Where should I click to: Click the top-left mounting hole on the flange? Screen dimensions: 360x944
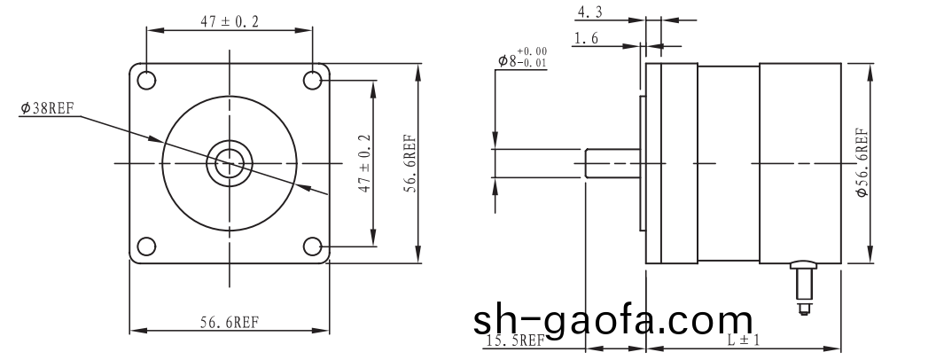pos(146,80)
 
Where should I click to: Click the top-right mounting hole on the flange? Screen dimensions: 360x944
pos(312,80)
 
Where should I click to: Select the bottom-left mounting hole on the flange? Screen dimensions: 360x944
pos(146,246)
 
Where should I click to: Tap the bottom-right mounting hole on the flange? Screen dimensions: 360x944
pos(312,246)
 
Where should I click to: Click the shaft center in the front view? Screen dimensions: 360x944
pos(230,163)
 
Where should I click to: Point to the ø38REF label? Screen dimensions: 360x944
pos(47,108)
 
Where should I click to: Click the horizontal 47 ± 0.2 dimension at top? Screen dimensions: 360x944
pos(230,22)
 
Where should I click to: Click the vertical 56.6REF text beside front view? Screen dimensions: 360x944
pos(410,163)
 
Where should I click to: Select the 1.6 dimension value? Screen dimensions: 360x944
pos(586,39)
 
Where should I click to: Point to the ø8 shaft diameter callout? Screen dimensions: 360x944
pos(506,60)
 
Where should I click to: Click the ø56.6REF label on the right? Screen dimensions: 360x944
pos(862,163)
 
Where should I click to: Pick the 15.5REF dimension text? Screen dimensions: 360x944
pos(515,340)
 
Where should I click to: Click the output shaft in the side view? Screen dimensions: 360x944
pos(612,163)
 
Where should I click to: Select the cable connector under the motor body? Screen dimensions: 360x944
pos(804,284)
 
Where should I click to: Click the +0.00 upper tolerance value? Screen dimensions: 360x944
pos(532,52)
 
